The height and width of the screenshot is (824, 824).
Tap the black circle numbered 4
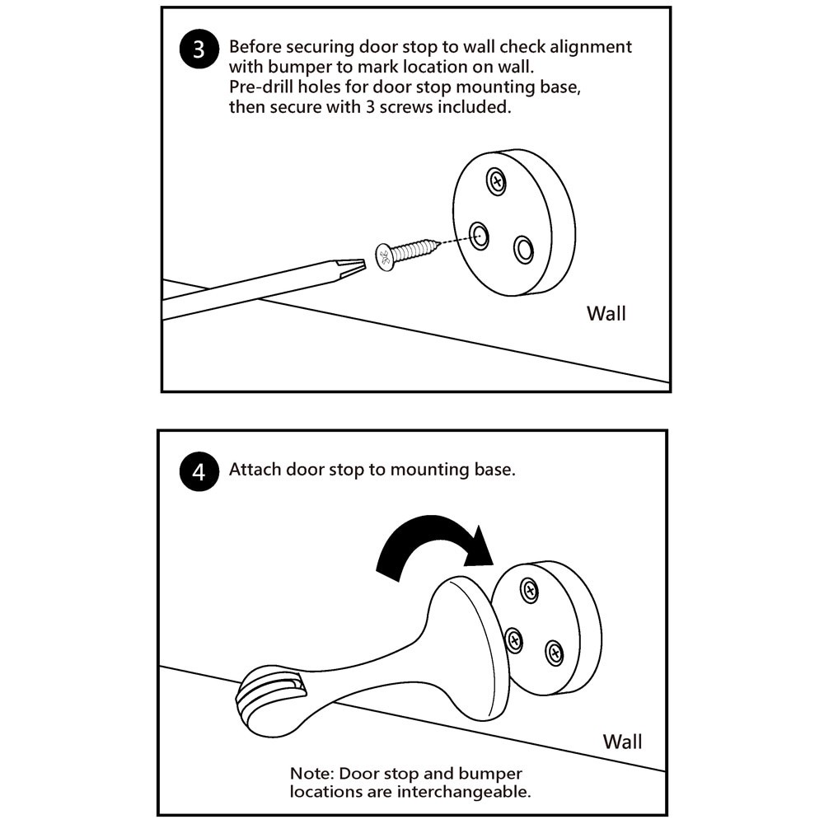199,472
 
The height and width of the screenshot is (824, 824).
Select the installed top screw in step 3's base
496,180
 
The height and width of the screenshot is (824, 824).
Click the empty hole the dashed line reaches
478,235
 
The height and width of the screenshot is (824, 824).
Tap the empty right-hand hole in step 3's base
523,249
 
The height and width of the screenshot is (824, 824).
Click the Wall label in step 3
606,314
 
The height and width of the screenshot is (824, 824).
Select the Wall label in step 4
622,741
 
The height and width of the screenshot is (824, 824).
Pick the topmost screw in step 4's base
530,590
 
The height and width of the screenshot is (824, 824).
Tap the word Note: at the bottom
311,775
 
